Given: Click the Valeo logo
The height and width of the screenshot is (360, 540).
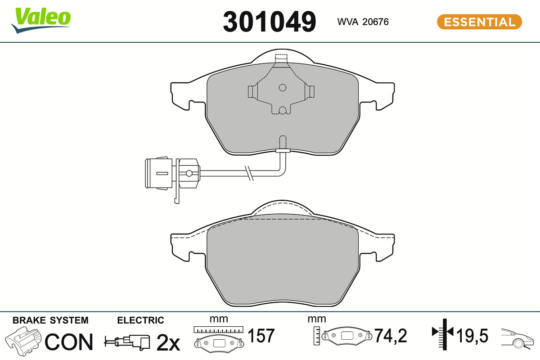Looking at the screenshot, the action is [x=41, y=20].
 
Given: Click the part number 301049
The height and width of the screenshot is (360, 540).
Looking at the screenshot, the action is [x=269, y=22].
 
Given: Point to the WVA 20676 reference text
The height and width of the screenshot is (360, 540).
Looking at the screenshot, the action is [x=363, y=22].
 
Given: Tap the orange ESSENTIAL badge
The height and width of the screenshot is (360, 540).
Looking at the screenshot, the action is [x=480, y=22].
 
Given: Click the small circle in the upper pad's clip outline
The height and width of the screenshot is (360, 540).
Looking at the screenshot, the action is [x=282, y=88].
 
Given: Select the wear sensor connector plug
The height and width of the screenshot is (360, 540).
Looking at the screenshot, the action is [x=172, y=173].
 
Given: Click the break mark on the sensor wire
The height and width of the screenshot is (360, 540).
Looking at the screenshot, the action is [x=249, y=173].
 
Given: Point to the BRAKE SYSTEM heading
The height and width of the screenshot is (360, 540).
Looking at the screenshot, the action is [x=50, y=320].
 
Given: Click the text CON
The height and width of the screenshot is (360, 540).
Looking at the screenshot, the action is [x=69, y=342].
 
